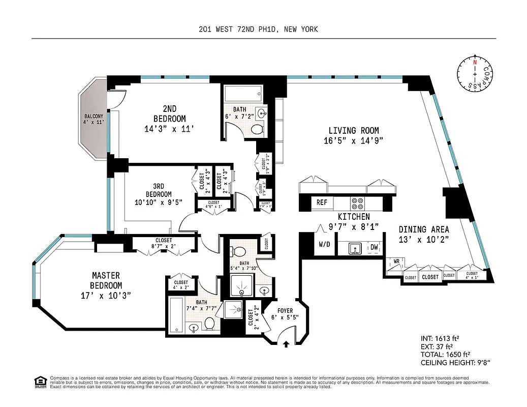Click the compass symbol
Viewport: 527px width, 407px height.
tap(475, 74)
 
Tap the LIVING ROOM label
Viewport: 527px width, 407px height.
tap(353, 131)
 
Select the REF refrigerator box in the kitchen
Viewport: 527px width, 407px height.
tap(322, 202)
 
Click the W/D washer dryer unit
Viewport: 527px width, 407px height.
tap(324, 244)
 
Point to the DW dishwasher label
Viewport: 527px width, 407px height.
tap(374, 247)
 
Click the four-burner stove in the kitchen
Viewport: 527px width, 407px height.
tap(357, 203)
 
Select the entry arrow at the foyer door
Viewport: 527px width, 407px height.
tap(286, 344)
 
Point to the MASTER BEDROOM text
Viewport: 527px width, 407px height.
tap(106, 281)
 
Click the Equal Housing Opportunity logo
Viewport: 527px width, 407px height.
tap(39, 381)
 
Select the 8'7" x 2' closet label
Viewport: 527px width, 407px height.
tap(164, 243)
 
